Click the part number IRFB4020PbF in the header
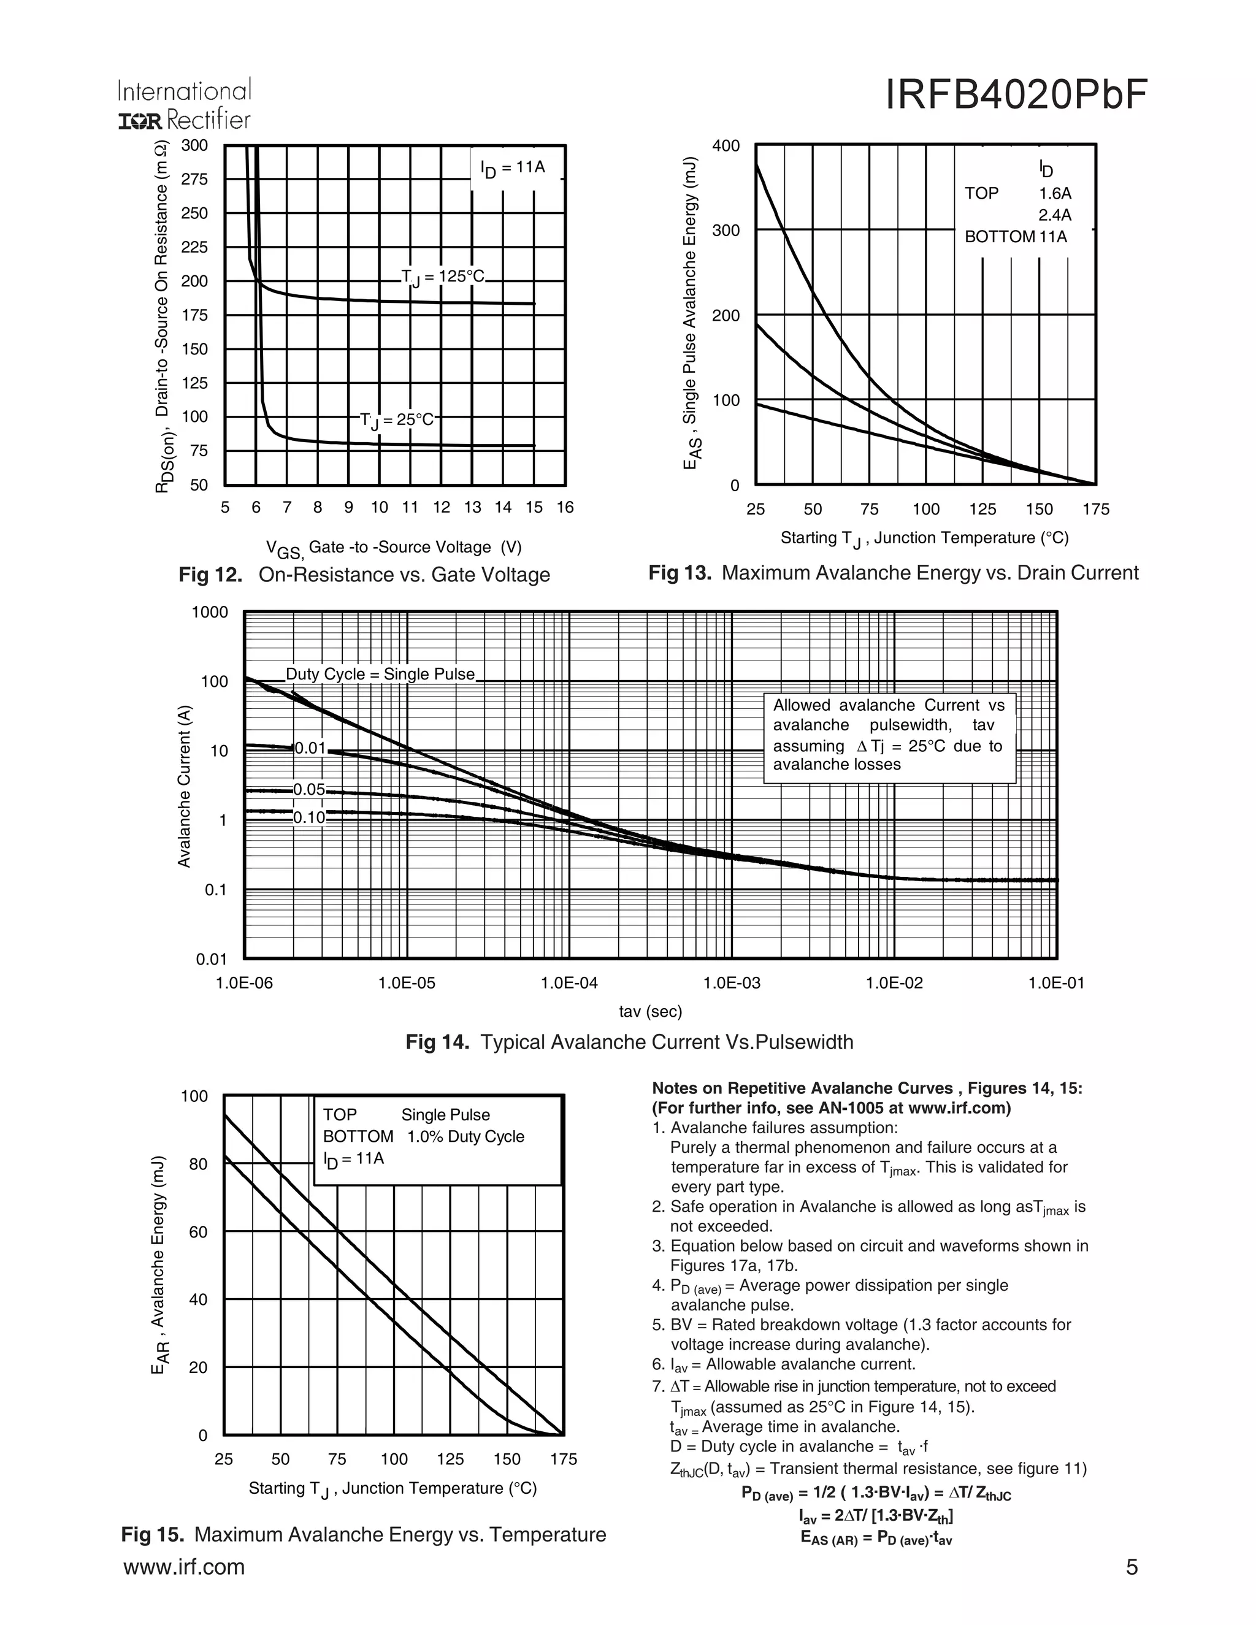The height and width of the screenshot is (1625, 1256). tap(1016, 95)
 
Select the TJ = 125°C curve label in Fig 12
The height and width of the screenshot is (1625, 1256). tap(443, 278)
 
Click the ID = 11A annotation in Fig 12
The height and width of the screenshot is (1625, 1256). tap(513, 168)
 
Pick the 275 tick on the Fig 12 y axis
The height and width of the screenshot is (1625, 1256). tap(195, 179)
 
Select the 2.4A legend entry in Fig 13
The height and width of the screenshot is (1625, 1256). tap(1055, 216)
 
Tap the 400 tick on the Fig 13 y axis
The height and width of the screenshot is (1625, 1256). tap(726, 146)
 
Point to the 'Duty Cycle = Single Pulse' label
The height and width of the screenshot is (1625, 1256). tap(380, 674)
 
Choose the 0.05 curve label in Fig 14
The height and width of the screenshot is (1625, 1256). tap(309, 789)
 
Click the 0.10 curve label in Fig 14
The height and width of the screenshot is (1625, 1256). tap(309, 817)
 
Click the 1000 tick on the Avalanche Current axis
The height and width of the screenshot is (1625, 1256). tap(210, 613)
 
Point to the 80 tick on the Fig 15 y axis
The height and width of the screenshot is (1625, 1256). tap(198, 1164)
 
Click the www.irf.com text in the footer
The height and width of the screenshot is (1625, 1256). tap(184, 1567)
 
